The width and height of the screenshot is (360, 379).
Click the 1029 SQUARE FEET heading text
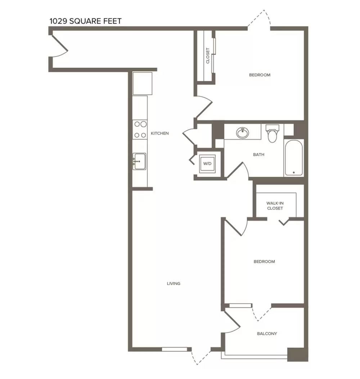coord(85,21)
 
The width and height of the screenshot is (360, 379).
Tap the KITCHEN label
coord(160,133)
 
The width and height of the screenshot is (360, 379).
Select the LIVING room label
coord(174,283)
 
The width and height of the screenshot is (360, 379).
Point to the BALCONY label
coord(267,334)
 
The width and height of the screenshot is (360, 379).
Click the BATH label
coord(258,155)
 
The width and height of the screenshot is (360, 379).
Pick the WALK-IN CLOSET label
coord(275,206)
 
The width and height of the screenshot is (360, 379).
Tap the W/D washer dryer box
coord(207,164)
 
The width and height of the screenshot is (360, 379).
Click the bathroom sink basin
coord(243,133)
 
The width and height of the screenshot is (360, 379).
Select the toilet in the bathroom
coord(272,133)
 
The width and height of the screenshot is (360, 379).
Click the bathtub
coord(293,158)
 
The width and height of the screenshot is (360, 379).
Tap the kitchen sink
coord(139,161)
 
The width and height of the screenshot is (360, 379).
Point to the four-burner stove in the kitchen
coord(140,130)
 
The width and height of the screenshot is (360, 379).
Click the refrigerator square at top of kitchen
coord(142,83)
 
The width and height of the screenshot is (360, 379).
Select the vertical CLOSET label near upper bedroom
coord(208,55)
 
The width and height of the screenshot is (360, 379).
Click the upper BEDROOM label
coord(260,75)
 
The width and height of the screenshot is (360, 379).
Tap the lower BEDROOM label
coord(264,262)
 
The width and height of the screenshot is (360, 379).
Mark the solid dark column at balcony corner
coord(296,355)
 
